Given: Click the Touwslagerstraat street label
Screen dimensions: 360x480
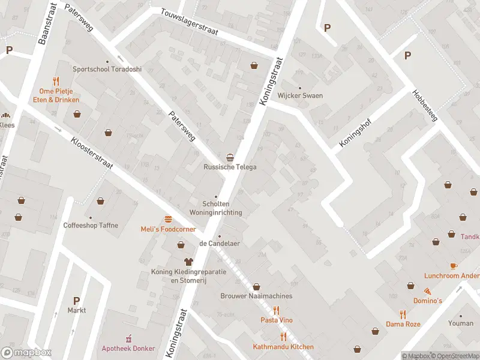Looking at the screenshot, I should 189,22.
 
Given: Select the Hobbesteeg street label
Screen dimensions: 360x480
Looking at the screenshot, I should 425,105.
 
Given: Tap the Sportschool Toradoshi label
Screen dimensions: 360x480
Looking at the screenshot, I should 107,69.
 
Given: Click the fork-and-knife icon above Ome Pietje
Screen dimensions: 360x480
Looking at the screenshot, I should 56,80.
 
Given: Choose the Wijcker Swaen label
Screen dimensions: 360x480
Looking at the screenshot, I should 300,95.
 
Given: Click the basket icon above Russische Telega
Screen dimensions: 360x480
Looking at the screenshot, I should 230,157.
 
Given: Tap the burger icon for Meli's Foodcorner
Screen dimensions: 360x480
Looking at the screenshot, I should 167,219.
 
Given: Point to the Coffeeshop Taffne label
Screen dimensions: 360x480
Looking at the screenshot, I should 91,226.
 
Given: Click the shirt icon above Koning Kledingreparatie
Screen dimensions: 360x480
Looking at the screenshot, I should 188,262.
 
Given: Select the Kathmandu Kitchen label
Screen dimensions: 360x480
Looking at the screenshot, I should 283,347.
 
